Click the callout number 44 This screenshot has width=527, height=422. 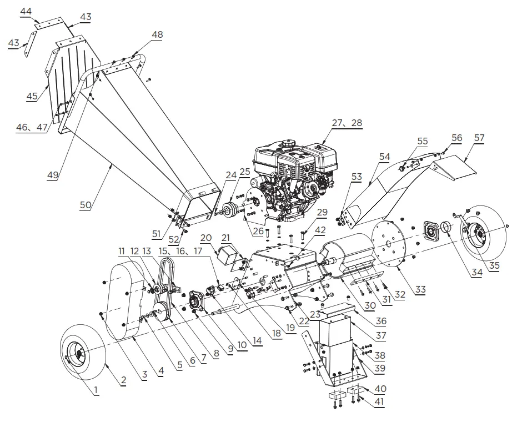(x=26, y=11)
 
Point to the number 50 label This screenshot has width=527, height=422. (x=85, y=205)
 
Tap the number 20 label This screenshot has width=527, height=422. (x=205, y=237)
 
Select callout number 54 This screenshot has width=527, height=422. (x=385, y=157)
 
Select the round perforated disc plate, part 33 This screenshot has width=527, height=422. (x=392, y=242)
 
